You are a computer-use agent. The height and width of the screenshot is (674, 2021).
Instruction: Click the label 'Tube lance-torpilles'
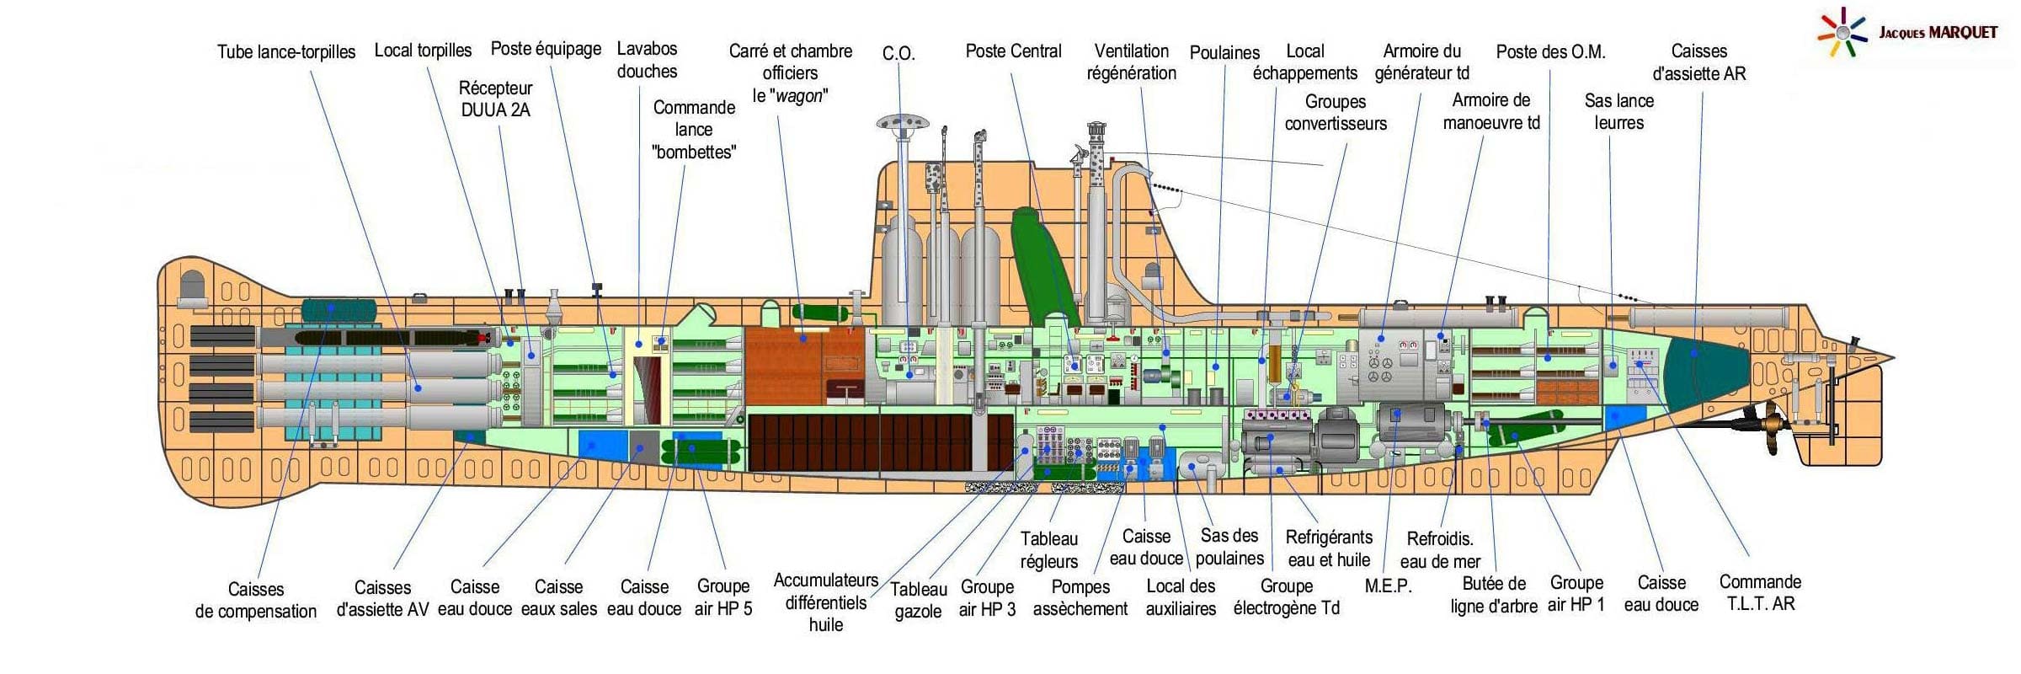coord(286,51)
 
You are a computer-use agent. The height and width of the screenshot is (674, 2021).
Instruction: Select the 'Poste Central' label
coord(1013,51)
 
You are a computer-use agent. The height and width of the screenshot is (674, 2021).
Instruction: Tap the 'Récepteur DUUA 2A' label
coord(495,99)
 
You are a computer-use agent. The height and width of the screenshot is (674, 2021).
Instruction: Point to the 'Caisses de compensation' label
coord(256,600)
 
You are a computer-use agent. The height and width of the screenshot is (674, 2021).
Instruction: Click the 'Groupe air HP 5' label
coord(723,597)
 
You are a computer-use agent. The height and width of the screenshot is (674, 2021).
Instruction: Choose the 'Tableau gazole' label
coord(919,601)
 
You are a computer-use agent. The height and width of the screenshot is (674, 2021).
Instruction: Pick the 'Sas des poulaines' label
coord(1229,547)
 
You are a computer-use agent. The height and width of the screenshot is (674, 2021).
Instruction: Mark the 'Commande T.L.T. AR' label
coord(1760,592)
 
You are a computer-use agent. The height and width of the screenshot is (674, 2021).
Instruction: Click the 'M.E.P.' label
coord(1388,586)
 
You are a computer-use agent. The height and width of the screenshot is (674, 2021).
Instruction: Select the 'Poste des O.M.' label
coord(1550,51)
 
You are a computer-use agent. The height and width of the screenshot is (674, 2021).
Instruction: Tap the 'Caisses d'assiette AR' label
coord(1699,62)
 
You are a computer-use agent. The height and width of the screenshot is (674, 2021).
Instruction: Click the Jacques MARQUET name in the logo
coord(1938,33)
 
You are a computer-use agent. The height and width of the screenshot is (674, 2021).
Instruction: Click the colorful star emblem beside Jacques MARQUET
coord(1842,33)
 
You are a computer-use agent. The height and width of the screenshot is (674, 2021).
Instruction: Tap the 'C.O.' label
coord(899,53)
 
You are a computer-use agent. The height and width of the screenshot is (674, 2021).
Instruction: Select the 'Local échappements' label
coord(1304,62)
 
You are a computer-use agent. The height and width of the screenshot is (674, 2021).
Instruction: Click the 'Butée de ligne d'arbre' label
coord(1494,595)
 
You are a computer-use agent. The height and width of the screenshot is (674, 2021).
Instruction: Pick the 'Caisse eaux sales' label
coord(558,597)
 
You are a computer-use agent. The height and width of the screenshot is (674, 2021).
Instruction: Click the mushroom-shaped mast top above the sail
coord(902,123)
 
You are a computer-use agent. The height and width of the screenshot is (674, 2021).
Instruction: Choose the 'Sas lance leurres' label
coord(1618,111)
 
